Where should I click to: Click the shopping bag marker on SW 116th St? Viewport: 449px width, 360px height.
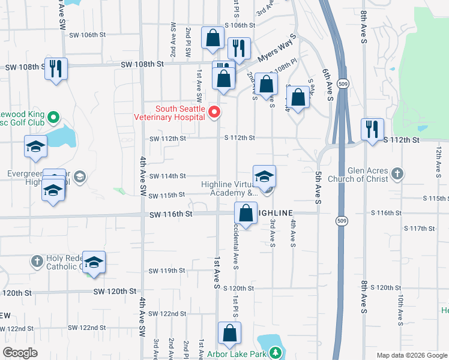[246, 212]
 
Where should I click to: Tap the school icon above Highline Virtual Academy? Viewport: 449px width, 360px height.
[264, 176]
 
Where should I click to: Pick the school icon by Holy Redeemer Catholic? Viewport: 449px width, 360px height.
[94, 262]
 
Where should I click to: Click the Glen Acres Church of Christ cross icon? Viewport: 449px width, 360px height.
[396, 174]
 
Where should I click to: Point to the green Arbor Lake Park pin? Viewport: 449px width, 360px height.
[274, 354]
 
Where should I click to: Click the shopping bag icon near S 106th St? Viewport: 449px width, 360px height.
[213, 38]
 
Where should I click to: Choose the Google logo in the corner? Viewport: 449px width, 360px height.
[20, 353]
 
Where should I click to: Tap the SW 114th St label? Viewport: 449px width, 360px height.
[167, 176]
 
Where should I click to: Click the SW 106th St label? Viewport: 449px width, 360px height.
[88, 35]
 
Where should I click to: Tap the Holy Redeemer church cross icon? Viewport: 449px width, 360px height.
[37, 261]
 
